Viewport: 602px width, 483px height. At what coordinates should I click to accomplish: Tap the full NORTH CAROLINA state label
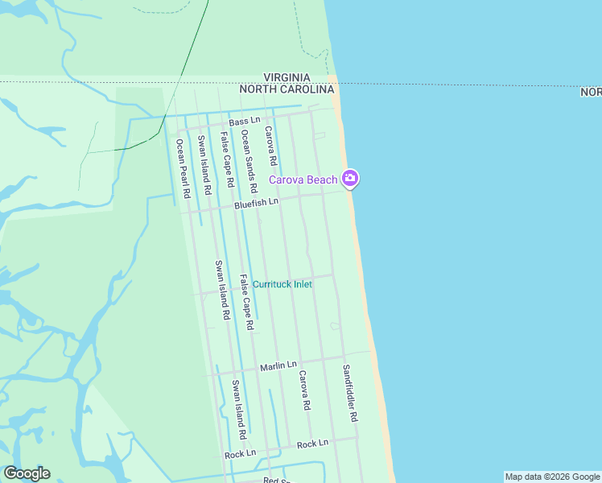click(286, 89)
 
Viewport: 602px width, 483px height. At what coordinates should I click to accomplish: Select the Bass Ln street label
click(245, 121)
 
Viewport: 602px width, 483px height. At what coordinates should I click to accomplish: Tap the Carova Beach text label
click(303, 180)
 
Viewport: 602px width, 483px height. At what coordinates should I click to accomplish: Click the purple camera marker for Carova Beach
click(349, 179)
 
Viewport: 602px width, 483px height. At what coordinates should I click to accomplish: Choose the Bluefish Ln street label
click(256, 204)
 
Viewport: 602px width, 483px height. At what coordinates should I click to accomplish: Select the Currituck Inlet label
click(282, 284)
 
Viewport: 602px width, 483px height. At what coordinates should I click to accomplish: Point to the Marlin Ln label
click(278, 366)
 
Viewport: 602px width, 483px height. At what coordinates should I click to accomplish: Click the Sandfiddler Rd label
click(349, 394)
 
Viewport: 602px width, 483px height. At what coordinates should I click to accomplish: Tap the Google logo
click(27, 473)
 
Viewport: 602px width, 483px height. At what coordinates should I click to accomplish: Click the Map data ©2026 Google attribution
click(552, 477)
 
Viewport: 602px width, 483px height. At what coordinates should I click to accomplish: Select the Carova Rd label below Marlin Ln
click(303, 390)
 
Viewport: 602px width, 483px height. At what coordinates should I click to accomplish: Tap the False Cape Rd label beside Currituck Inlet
click(246, 302)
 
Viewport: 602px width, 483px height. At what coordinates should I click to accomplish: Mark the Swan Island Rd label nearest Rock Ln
click(239, 409)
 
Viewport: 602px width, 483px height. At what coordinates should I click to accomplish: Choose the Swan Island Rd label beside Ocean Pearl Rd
click(204, 165)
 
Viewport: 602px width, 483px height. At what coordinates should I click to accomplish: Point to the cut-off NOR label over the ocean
click(591, 93)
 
